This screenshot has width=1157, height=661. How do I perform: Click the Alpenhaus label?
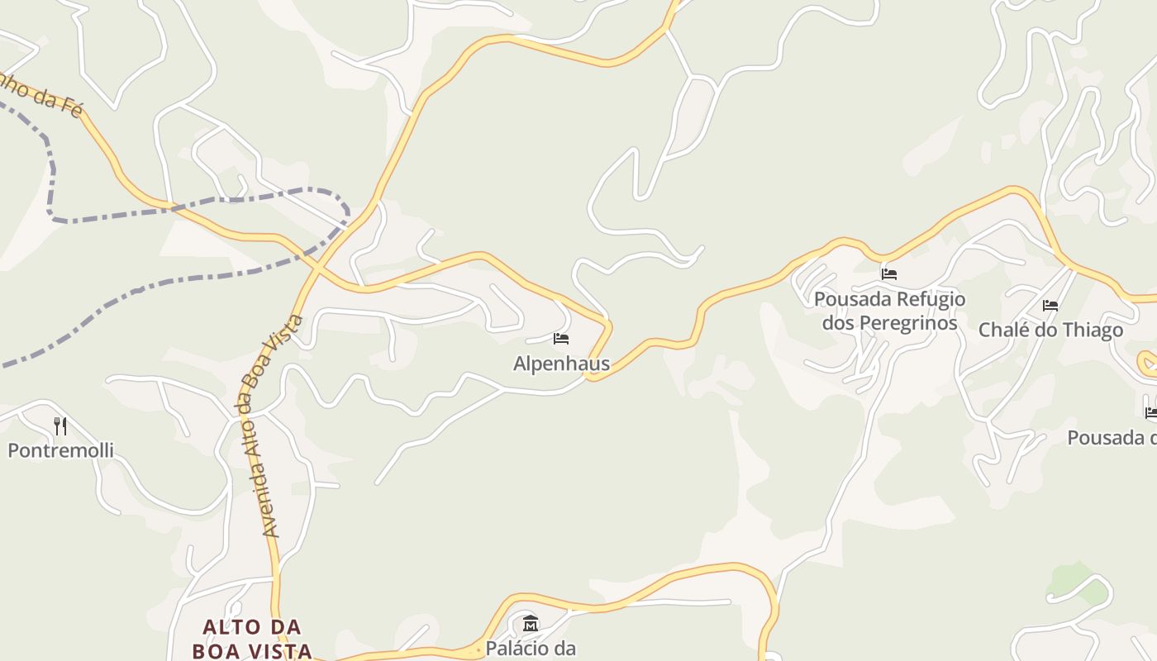[x=561, y=364]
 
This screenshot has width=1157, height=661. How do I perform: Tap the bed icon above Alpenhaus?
[x=561, y=339]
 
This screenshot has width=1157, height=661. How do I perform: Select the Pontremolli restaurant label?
[x=60, y=450]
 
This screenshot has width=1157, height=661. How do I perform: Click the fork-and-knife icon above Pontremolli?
[x=60, y=426]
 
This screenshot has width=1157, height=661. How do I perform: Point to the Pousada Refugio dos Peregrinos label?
[x=889, y=311]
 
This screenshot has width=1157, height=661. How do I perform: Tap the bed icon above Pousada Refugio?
[x=889, y=273]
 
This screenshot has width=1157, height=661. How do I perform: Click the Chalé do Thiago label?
[x=1050, y=330]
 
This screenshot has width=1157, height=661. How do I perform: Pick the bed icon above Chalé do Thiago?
[x=1050, y=306]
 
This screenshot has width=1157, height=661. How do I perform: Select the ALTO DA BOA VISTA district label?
[x=252, y=639]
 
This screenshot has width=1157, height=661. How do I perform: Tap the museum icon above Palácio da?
[x=531, y=623]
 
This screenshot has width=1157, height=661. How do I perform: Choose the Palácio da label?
[x=530, y=649]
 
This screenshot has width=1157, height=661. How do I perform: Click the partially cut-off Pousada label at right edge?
[x=1112, y=438]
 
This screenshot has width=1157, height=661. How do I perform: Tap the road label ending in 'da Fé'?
[x=41, y=95]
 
